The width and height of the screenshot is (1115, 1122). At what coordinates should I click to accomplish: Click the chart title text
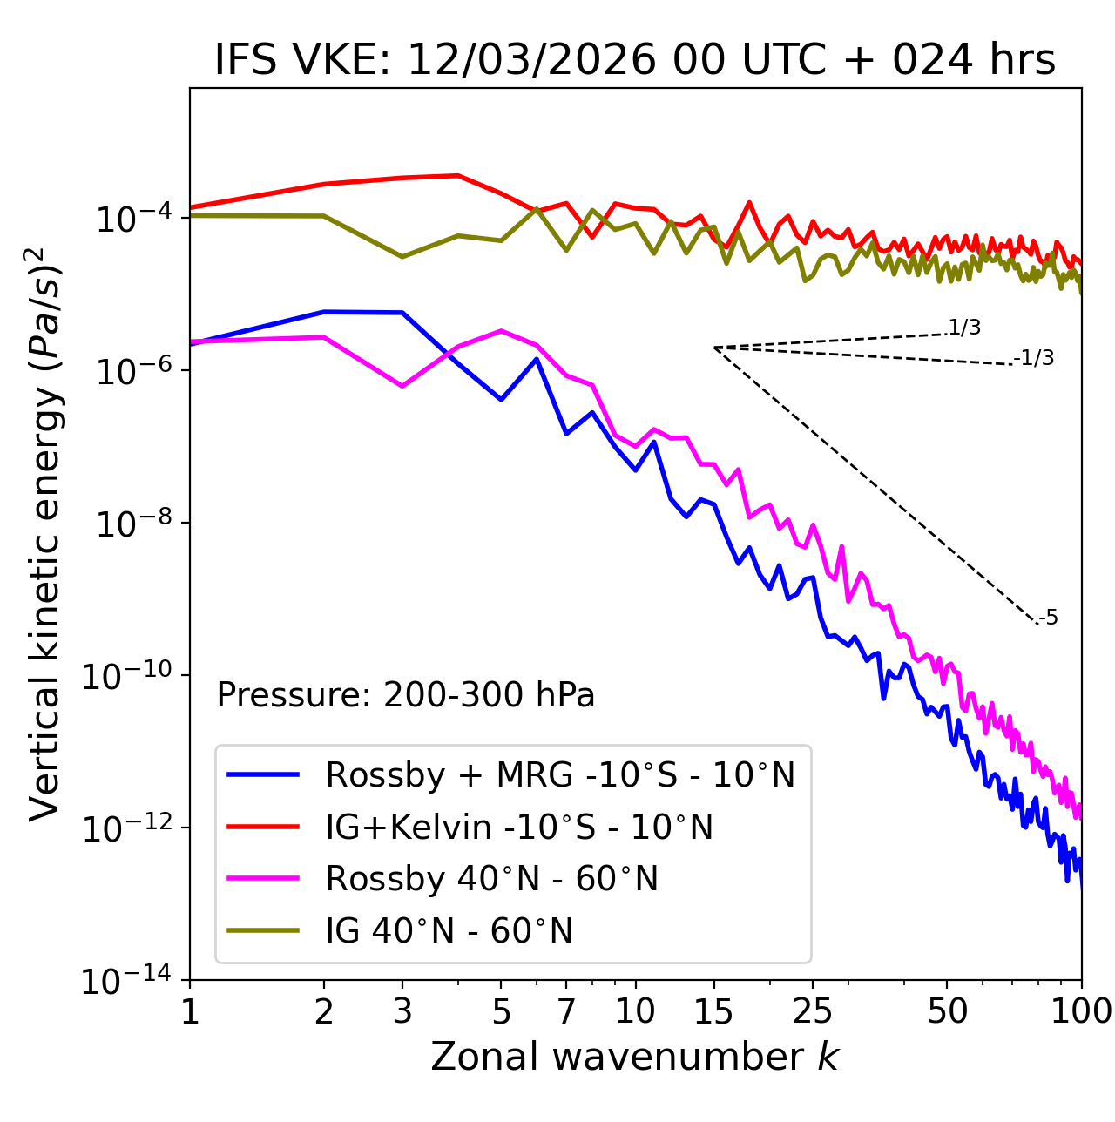[x=635, y=61]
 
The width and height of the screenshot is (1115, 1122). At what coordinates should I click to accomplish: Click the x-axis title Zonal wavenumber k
[x=635, y=1056]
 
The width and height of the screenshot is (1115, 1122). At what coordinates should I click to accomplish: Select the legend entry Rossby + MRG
[x=560, y=774]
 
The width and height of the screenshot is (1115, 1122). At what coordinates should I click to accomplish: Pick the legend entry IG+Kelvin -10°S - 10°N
[x=519, y=827]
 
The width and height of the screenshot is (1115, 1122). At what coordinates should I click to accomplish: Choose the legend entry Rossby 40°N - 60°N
[x=491, y=879]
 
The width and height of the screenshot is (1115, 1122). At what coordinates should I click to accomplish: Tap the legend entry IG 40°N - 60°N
[x=449, y=931]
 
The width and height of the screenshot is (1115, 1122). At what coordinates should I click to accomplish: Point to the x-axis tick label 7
[x=566, y=1010]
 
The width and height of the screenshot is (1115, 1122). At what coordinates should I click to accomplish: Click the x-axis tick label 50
[x=947, y=1010]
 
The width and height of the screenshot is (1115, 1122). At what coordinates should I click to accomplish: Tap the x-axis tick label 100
[x=1081, y=1010]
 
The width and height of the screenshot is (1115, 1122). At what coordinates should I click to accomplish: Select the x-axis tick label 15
[x=713, y=1010]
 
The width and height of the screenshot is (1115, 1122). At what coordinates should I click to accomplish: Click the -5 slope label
[x=1048, y=618]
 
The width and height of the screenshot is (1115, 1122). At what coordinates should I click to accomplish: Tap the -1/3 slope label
[x=1034, y=358]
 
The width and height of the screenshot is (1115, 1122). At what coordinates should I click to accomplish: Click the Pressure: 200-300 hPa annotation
[x=406, y=695]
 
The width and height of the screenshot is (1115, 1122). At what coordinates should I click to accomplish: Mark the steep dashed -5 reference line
[x=875, y=485]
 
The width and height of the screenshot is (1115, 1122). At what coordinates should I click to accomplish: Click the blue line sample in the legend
[x=263, y=774]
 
